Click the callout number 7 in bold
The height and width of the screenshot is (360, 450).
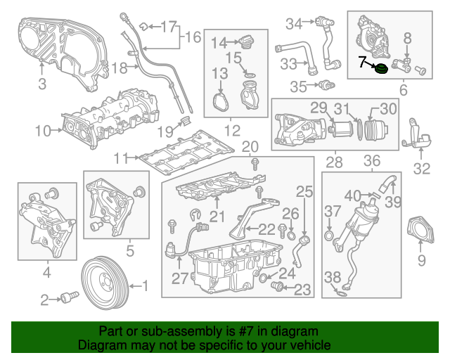tap(362, 62)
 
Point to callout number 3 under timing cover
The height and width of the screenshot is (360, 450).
tap(42, 86)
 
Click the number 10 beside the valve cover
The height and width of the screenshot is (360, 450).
tap(43, 129)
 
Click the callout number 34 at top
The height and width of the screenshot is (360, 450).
tap(293, 24)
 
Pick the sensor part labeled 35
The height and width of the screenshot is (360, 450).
tap(325, 86)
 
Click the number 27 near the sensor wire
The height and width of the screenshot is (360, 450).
tap(180, 278)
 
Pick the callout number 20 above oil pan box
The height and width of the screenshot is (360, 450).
tap(250, 146)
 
